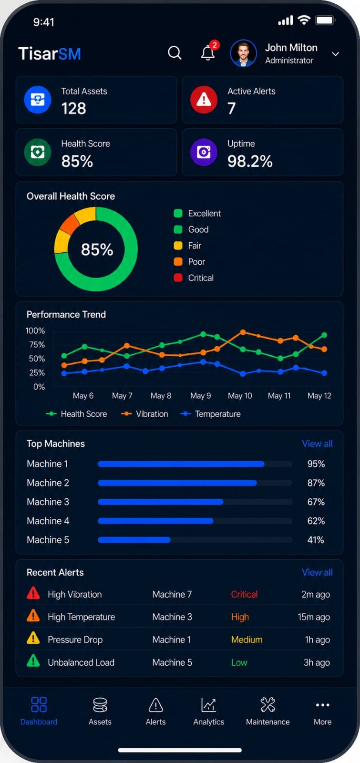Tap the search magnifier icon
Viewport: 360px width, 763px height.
(x=175, y=53)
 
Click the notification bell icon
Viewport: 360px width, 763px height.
(x=207, y=53)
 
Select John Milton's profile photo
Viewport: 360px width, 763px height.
(x=243, y=53)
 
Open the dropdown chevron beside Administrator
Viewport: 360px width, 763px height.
(x=336, y=54)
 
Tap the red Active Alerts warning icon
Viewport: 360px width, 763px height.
(x=204, y=100)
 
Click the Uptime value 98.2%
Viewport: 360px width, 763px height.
(x=250, y=161)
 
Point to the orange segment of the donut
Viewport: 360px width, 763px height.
(x=69, y=223)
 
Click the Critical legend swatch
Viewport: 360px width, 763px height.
(x=178, y=278)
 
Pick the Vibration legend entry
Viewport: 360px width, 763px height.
(x=145, y=414)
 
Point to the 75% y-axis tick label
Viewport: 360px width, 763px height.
(x=37, y=345)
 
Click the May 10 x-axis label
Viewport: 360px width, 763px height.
(x=240, y=396)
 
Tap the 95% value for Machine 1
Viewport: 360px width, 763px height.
(x=316, y=464)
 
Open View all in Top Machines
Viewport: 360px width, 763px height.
(x=317, y=443)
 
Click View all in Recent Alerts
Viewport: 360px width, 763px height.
(x=317, y=572)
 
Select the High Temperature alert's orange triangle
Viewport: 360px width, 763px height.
(x=33, y=616)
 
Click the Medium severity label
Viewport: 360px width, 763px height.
(x=247, y=639)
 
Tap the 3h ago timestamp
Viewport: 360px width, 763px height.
(x=317, y=662)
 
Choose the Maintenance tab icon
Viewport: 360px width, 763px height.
(x=267, y=704)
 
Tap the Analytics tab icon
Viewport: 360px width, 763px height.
(x=208, y=705)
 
